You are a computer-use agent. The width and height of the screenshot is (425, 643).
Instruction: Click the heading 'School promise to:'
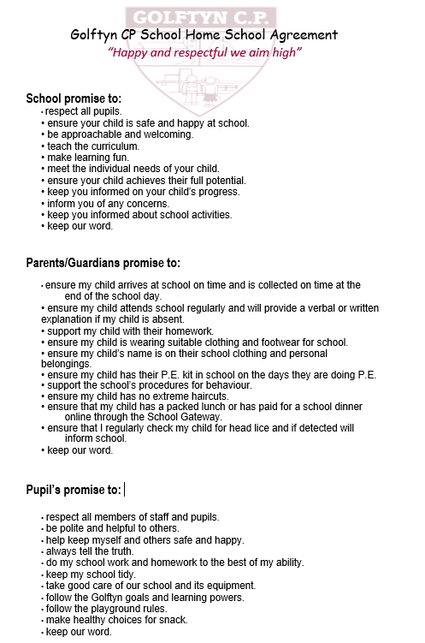click(x=74, y=98)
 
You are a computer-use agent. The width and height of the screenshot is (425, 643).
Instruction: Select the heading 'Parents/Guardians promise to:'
click(x=103, y=263)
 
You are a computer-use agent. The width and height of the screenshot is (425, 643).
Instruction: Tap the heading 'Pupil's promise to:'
click(x=74, y=489)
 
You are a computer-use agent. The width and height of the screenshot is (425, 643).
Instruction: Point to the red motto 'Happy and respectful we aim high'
click(x=205, y=52)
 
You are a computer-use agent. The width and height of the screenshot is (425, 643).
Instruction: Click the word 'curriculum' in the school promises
click(x=113, y=146)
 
